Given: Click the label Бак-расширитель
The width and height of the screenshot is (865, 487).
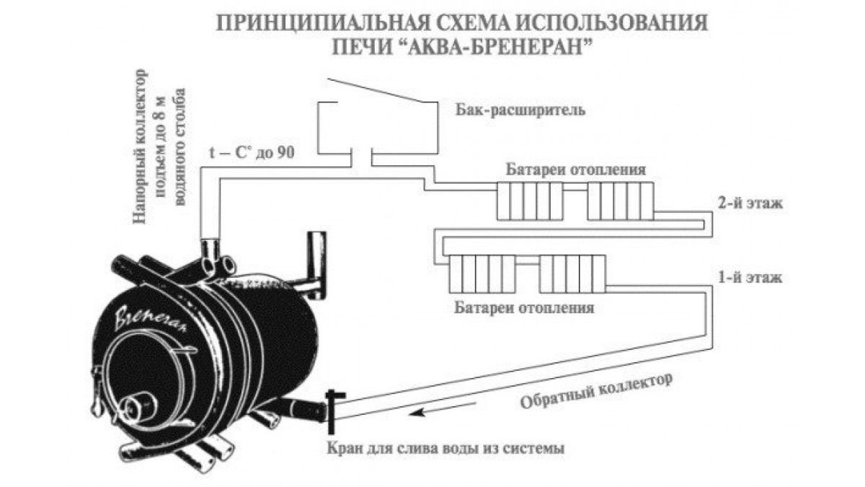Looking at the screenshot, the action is click(520, 110).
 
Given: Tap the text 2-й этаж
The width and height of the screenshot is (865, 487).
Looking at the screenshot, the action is click(750, 203).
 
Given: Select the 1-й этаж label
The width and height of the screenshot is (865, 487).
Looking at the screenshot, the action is click(750, 278).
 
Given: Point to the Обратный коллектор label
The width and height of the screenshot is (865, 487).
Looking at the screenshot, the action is click(596, 391).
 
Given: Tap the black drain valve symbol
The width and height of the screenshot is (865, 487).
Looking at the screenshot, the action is click(332, 412).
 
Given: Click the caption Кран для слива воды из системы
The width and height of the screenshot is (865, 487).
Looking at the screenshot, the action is click(445, 449).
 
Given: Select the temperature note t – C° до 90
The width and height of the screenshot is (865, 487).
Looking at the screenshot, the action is click(252, 152).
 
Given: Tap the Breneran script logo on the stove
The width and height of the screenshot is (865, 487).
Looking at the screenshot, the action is click(151, 319).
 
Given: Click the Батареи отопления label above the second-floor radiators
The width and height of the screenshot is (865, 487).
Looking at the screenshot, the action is click(576, 170).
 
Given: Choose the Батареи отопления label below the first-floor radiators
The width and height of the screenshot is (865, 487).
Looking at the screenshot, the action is click(524, 307).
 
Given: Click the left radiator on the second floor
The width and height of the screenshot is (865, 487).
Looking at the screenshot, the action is click(529, 201).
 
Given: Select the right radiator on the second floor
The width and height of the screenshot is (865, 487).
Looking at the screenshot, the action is click(620, 201).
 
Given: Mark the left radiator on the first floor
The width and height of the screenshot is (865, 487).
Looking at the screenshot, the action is click(482, 273).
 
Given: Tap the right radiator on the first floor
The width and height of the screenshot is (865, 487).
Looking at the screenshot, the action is click(572, 273).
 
